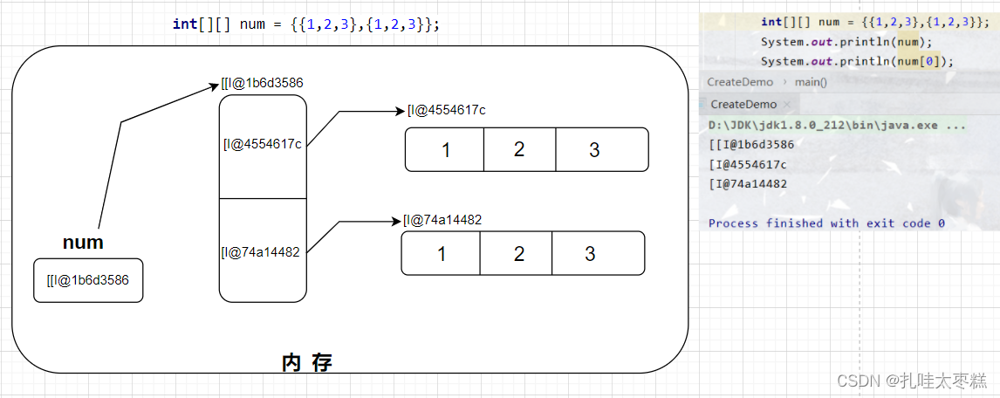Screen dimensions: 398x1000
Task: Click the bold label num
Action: pyautogui.click(x=83, y=243)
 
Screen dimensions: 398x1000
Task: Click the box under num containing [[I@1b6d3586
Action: pyautogui.click(x=88, y=280)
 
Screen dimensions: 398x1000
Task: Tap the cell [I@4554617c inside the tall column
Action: pyautogui.click(x=263, y=145)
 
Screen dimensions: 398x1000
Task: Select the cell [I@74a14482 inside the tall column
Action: pyautogui.click(x=262, y=252)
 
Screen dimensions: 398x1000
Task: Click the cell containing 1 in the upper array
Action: pyautogui.click(x=445, y=149)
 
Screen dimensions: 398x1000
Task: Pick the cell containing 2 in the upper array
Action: pyautogui.click(x=519, y=149)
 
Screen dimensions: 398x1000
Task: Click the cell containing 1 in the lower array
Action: pyautogui.click(x=441, y=253)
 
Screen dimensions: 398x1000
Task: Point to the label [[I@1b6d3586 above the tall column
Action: pyautogui.click(x=263, y=84)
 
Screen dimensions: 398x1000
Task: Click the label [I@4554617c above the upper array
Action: pyautogui.click(x=446, y=110)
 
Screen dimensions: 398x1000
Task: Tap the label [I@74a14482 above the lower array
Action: pyautogui.click(x=442, y=220)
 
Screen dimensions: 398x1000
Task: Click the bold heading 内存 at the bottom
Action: pyautogui.click(x=307, y=362)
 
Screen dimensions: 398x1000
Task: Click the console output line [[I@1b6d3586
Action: pyautogui.click(x=751, y=145)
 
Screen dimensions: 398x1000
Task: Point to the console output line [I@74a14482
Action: pyautogui.click(x=748, y=184)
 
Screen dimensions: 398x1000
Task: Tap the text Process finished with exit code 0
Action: pyautogui.click(x=826, y=223)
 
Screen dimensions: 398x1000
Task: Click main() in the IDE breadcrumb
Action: pyautogui.click(x=811, y=82)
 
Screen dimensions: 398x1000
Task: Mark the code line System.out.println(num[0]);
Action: pyautogui.click(x=857, y=61)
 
